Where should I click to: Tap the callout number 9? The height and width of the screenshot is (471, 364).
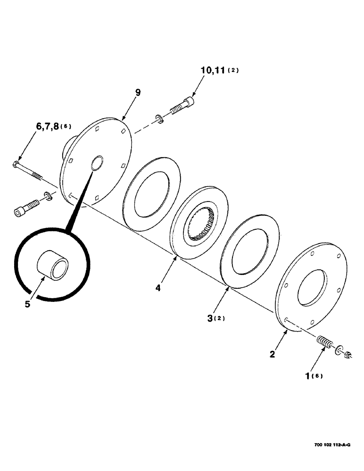138,92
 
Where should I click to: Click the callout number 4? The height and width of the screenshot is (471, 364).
158,287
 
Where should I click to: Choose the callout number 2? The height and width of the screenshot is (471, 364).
272,354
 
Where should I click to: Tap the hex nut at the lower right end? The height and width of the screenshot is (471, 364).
348,355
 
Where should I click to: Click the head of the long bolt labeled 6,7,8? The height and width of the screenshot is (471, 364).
16,165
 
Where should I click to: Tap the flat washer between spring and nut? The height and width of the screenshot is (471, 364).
339,350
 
